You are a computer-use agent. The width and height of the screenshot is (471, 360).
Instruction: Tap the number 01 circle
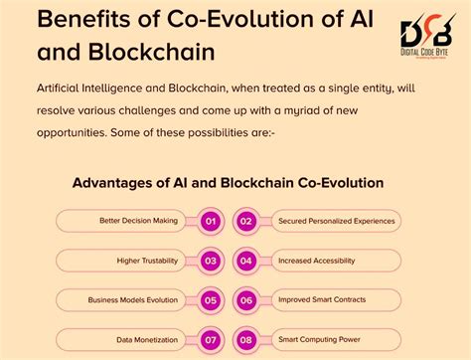(210, 221)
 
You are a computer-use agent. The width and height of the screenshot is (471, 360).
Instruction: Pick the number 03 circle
(210, 261)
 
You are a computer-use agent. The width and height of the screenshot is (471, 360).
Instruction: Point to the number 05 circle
(210, 299)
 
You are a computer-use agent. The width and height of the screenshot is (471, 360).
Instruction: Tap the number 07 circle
(210, 339)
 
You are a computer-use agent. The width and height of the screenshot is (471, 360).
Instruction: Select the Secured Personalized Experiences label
(337, 221)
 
